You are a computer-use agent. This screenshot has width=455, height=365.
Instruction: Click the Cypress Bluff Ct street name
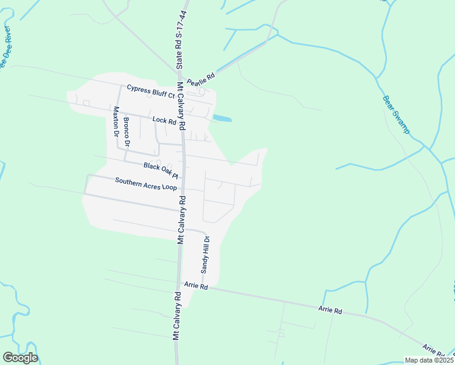pos(150,89)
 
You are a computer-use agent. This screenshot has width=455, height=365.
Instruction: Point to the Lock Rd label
pos(164,120)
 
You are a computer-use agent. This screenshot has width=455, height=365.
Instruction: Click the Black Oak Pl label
pos(161,169)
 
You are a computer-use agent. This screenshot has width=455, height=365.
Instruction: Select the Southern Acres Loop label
pos(146,182)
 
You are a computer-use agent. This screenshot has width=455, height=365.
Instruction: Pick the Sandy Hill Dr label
pos(206,254)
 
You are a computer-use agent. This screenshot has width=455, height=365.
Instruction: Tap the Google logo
pos(20,358)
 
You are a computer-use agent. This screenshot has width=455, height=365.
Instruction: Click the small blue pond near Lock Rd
pos(221,118)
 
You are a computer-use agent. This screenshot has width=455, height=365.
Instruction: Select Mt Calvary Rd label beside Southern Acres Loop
pos(181,219)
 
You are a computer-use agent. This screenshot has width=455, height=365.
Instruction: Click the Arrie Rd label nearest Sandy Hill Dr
pos(196,285)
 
